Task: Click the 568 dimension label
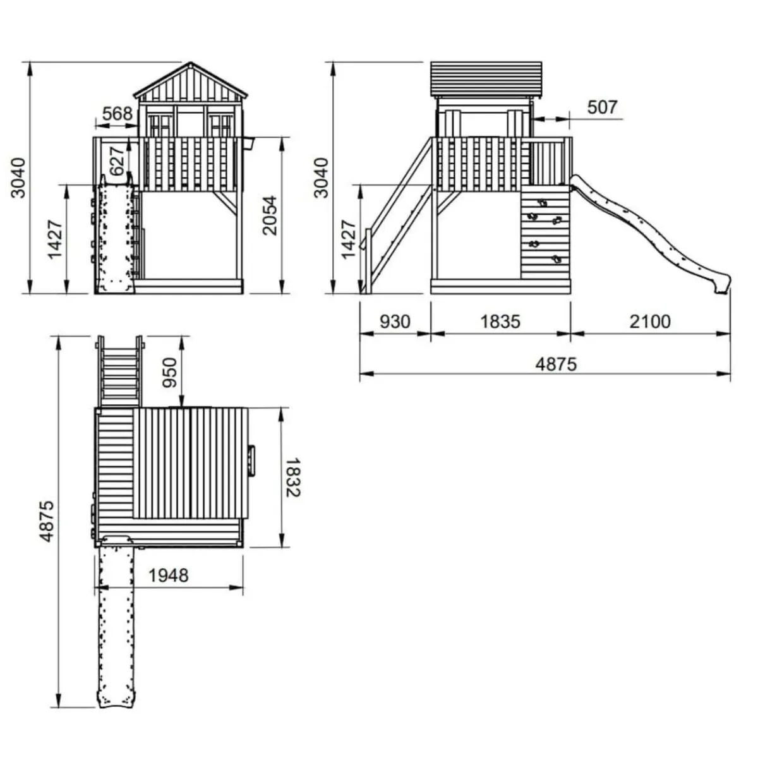click(117, 114)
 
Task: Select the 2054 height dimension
click(270, 215)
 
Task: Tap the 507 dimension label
click(602, 107)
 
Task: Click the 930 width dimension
click(395, 322)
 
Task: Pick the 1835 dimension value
click(500, 322)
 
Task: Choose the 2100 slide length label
click(650, 322)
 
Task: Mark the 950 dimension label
click(170, 372)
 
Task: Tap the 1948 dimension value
click(169, 575)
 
